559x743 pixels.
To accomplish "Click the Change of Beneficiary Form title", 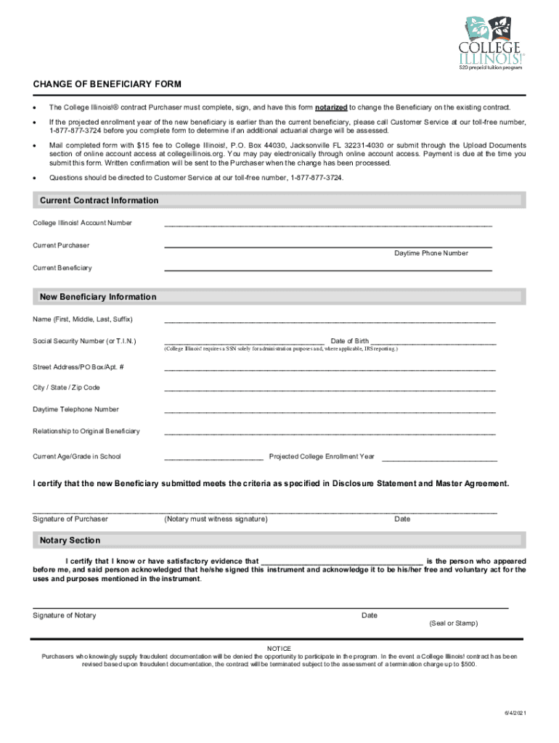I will point(107,84).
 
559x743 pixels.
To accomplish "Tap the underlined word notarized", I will point(331,107).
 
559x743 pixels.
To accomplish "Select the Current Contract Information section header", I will point(99,200).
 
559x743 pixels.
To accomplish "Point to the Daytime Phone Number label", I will point(431,253).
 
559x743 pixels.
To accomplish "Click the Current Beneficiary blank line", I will point(328,270).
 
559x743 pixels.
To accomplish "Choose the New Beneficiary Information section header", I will point(98,297).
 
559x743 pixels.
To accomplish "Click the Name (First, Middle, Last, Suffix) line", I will point(330,321).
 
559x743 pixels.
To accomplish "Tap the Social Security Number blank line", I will point(244,342).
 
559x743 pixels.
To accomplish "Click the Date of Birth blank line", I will point(434,342).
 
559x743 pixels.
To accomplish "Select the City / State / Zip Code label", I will point(67,387).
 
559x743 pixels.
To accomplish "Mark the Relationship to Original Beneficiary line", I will point(330,433).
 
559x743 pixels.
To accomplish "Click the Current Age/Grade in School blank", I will point(213,459).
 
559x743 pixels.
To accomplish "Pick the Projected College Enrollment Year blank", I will point(439,459).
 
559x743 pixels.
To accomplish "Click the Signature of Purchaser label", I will point(70,519).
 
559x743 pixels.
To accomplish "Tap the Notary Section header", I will point(70,541).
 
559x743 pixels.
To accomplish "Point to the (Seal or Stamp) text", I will point(454,623).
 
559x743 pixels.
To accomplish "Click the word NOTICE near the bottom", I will point(279,648).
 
